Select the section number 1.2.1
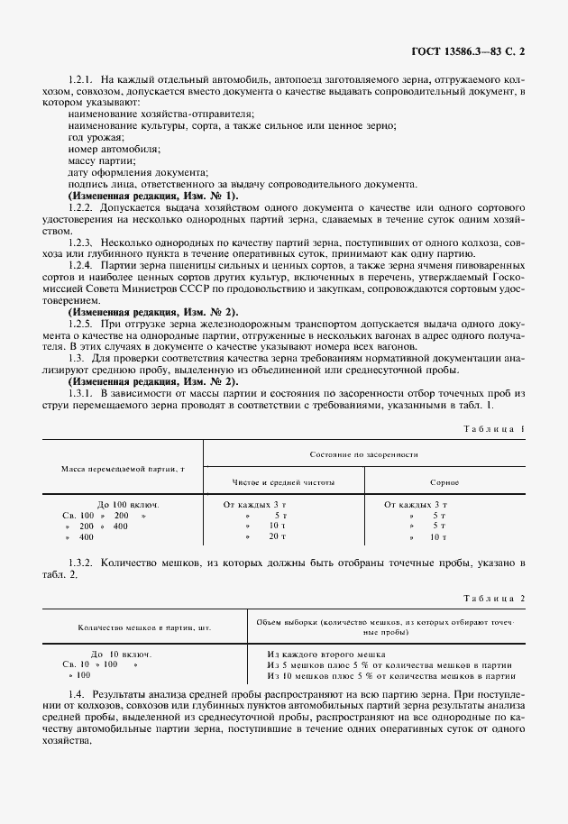click(81, 81)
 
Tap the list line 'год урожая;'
click(93, 136)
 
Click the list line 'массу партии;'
click(97, 160)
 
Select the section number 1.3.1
click(81, 371)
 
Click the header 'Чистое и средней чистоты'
click(284, 482)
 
